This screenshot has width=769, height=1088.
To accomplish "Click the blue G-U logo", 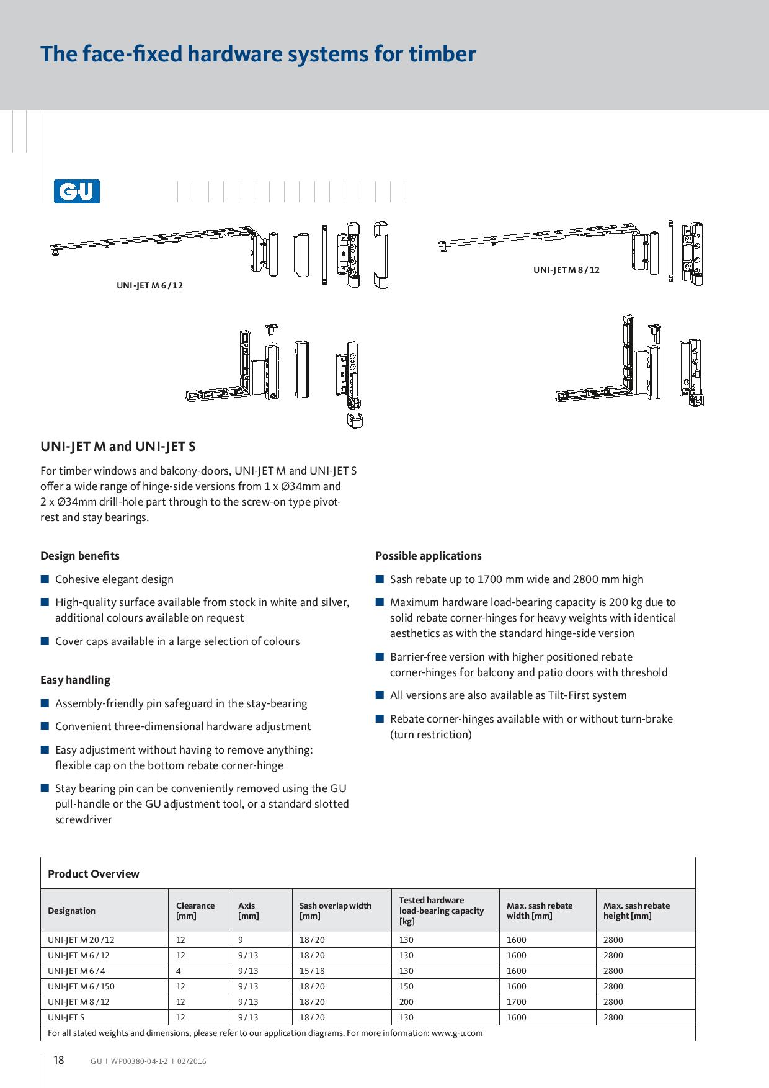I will point(76,192).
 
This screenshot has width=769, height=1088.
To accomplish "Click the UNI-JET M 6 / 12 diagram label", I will point(149,286).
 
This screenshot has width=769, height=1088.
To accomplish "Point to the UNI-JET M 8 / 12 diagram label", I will point(566,270).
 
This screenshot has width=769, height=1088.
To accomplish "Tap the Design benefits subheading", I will point(80,556).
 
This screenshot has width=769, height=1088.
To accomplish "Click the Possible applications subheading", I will point(428,556).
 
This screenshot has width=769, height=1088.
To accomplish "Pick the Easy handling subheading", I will point(75,680).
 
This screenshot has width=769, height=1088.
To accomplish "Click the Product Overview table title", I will point(94,874).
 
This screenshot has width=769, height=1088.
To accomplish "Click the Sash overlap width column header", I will point(335,911).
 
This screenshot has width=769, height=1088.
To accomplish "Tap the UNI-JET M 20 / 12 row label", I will point(81,940).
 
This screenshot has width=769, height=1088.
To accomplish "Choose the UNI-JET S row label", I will point(66,1017).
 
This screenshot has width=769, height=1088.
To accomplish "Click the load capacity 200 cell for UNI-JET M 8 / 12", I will point(406,1002).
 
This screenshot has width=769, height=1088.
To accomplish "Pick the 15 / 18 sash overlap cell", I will point(312,971).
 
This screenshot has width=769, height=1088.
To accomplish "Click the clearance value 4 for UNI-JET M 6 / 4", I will point(179,971).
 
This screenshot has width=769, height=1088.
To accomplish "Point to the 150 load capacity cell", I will point(406,986).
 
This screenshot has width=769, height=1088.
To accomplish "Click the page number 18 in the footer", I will point(58,1060).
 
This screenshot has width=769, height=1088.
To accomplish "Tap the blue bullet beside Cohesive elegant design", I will point(45,579).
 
